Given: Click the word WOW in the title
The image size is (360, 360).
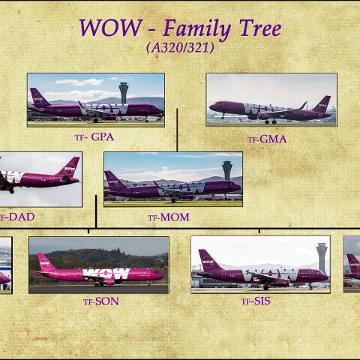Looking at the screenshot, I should pos(109,28).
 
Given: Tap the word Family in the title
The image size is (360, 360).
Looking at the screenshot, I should pos(197,28).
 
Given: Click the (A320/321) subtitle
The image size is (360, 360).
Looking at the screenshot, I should pos(180,47).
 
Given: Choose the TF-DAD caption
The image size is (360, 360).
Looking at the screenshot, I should pos(16,217).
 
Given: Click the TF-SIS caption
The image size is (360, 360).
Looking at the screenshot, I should pos(256,301).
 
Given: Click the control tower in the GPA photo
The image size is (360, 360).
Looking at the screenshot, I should pos(123,92).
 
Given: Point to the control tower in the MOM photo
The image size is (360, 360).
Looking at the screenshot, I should pos(226,169).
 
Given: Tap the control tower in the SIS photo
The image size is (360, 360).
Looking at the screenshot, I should pos(321,256).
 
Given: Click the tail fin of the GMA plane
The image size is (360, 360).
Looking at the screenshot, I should pos(322,103).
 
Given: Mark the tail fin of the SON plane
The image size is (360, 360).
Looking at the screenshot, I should pos(44,262).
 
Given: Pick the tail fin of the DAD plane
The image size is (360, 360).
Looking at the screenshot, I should pos(69,166).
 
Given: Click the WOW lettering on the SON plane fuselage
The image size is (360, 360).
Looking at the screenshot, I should pos(106,274).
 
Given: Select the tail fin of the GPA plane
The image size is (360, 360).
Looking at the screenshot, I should pos(37,97).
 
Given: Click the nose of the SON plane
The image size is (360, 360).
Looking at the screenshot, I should pos(160,276).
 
